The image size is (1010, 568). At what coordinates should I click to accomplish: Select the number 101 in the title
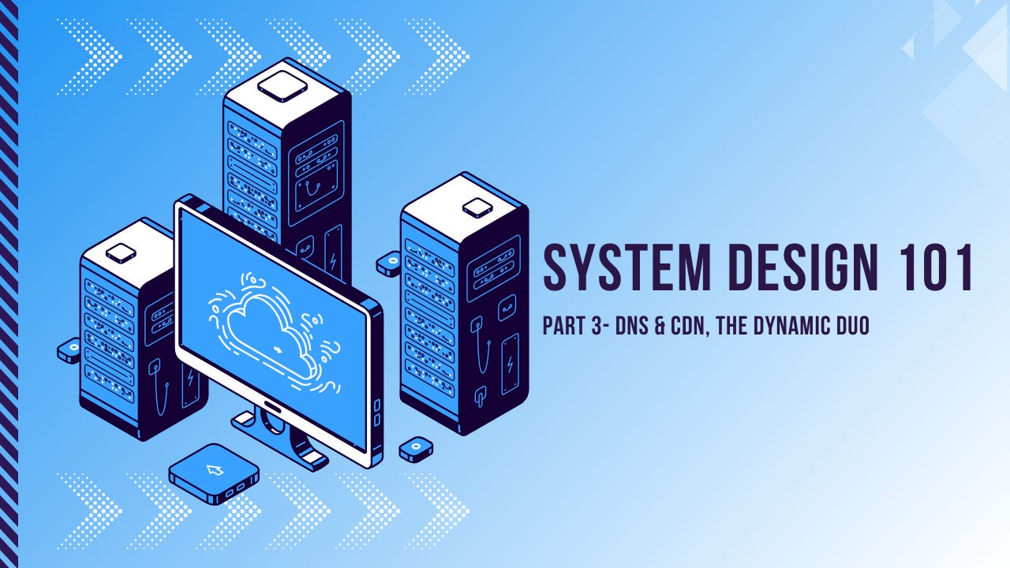pos(934,268)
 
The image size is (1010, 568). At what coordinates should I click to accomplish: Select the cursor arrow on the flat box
pos(215,470)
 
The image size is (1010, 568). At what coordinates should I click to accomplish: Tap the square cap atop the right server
pos(477,207)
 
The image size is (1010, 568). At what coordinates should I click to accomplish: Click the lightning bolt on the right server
pos(510,364)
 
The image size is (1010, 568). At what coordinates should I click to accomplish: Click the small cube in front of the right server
pos(415,450)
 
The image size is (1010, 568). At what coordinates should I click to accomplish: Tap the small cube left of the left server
pos(69,349)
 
